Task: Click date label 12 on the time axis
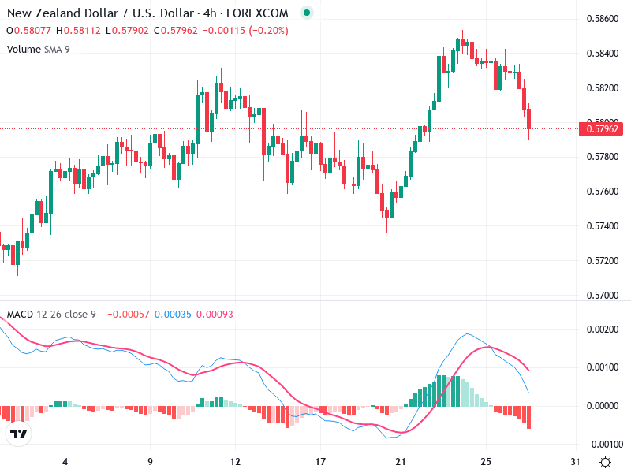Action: pyautogui.click(x=235, y=461)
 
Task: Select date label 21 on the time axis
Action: pyautogui.click(x=400, y=461)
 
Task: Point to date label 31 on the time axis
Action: pyautogui.click(x=575, y=461)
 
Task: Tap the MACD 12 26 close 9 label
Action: pyautogui.click(x=51, y=315)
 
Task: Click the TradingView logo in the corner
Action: pyautogui.click(x=19, y=434)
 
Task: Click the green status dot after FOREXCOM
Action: pyautogui.click(x=307, y=13)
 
